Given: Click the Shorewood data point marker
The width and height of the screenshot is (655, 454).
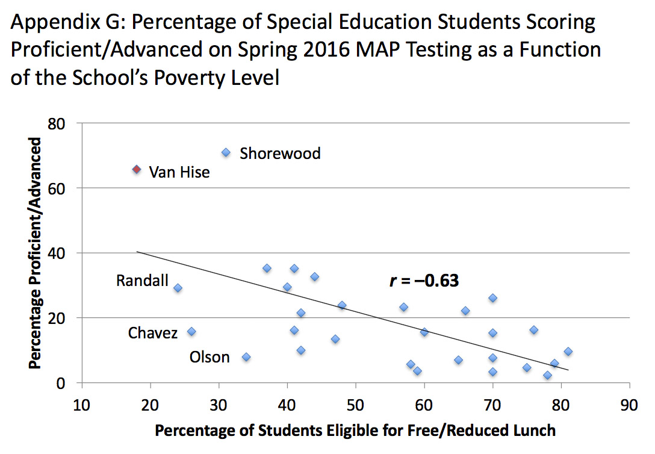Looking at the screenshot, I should pos(226,153).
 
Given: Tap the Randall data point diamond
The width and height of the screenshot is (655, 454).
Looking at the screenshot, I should pos(178,288).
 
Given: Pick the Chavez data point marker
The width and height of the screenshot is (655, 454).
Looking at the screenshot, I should pos(191,332).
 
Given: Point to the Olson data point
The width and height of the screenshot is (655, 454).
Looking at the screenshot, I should pos(246,357).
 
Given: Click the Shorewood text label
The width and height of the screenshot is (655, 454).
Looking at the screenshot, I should pos(280,154).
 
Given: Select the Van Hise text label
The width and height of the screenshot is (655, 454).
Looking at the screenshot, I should pos(179,172).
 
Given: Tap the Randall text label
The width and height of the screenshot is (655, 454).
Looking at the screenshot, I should pos(142,281).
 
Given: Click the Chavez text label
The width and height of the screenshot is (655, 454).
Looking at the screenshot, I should pos(153,333).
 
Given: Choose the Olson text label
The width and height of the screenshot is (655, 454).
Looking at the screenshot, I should pos(210,358).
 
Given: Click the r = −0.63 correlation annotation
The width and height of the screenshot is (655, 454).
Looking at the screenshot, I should pos(424,281).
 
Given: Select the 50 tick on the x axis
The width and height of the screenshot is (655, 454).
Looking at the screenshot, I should pos(356,402).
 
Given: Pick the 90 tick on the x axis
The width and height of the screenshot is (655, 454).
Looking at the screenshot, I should pos(630,402).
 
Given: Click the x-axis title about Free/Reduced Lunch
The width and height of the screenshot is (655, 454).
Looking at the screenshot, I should pos(355,431).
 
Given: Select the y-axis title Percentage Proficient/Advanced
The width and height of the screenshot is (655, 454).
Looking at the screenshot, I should pos(37,253).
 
